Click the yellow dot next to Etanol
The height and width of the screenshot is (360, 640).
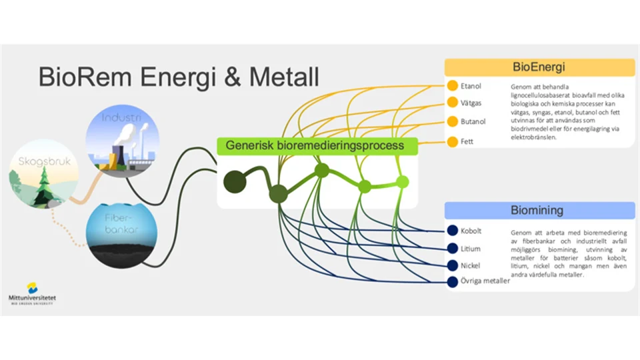click(x=453, y=86)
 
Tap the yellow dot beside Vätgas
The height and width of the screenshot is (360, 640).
click(x=453, y=103)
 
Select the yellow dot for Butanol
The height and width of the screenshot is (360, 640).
click(x=453, y=121)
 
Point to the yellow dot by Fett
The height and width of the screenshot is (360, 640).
click(x=453, y=141)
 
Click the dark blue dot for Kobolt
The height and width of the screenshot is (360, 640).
click(x=453, y=231)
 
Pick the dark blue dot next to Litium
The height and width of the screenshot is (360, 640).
click(x=453, y=249)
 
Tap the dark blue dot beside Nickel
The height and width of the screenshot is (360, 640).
click(x=453, y=265)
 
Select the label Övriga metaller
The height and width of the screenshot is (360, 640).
click(x=485, y=281)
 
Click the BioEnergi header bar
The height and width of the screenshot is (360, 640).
click(x=539, y=67)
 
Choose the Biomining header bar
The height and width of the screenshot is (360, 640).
click(x=539, y=211)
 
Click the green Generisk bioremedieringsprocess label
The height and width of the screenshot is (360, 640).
click(x=315, y=145)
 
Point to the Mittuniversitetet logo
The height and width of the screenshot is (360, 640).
click(x=32, y=293)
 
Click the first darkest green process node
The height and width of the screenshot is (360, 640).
click(x=234, y=182)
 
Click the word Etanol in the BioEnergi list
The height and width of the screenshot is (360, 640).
click(x=471, y=86)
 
